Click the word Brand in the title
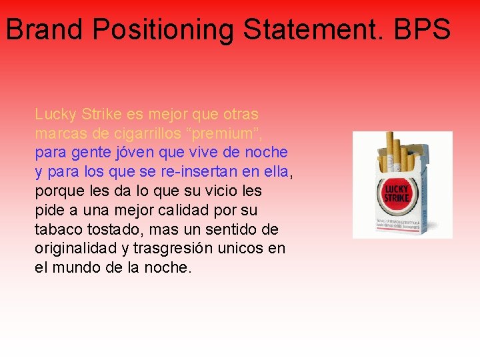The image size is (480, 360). (45, 30)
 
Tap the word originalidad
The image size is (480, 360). (73, 249)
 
